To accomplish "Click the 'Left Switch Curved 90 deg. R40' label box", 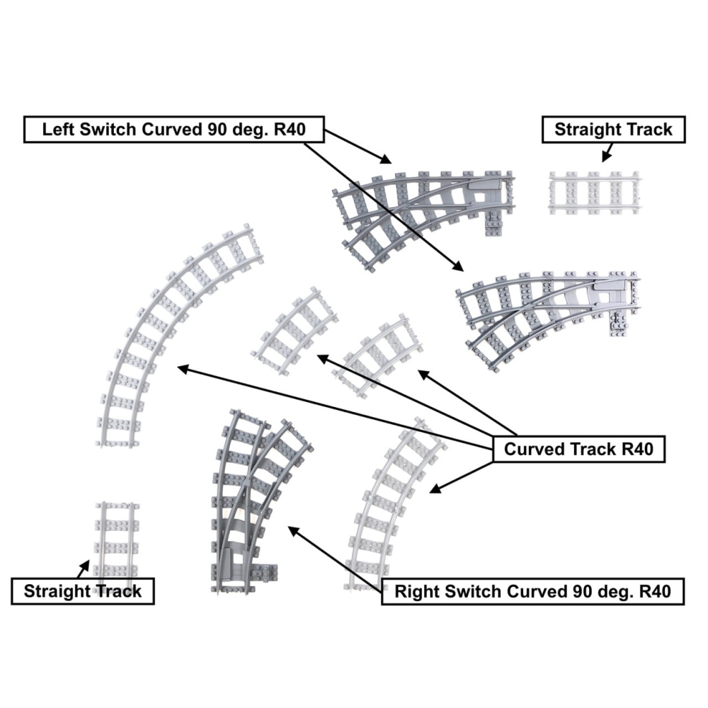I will pyautogui.click(x=173, y=130).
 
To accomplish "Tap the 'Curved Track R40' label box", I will pyautogui.click(x=578, y=450).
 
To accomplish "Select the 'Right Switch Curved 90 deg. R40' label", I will pyautogui.click(x=532, y=591).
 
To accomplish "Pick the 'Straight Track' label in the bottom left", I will pyautogui.click(x=83, y=591).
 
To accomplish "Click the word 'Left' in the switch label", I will pyautogui.click(x=57, y=130).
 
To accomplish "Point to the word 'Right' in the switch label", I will pyautogui.click(x=416, y=591).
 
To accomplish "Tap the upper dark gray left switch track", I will pyautogui.click(x=425, y=205).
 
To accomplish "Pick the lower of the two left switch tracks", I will pyautogui.click(x=549, y=312).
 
